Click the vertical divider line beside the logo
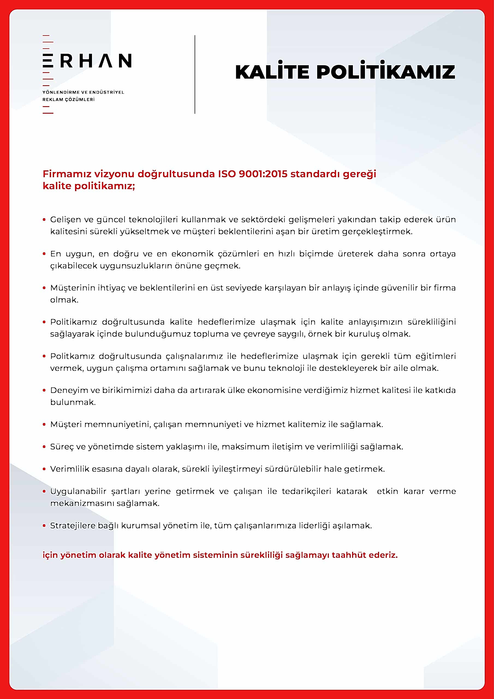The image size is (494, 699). tap(195, 75)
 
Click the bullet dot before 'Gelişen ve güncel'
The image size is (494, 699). tap(44, 220)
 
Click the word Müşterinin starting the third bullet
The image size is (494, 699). tap(72, 288)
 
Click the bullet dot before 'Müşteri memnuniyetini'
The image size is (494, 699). tap(44, 424)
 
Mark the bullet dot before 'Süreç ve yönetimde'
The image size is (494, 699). tap(44, 447)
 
